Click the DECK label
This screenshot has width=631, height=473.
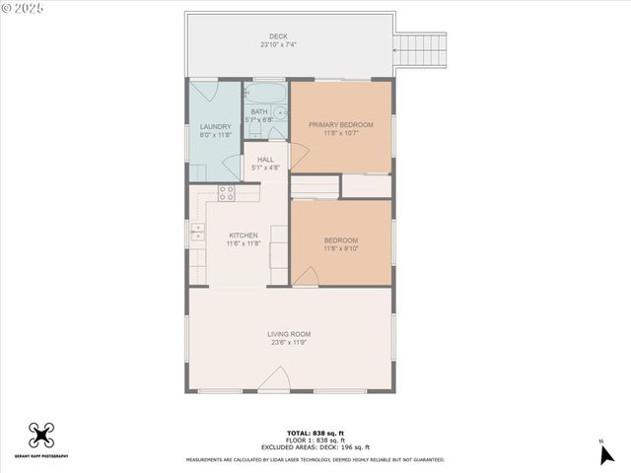(278, 36)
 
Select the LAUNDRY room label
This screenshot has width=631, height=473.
(215, 126)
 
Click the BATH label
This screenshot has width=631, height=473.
(258, 111)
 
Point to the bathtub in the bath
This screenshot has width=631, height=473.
(264, 94)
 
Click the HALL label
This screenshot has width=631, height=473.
(265, 160)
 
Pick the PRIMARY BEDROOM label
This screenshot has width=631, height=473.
(341, 124)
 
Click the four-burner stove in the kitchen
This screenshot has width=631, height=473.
(227, 193)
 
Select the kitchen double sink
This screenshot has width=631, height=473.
(197, 234)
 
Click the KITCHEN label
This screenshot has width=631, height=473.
(244, 236)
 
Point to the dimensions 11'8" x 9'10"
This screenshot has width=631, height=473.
(341, 248)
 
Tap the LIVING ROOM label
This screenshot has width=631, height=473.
(289, 334)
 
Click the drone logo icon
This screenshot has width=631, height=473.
(41, 434)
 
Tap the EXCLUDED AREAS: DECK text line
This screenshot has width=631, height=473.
(315, 447)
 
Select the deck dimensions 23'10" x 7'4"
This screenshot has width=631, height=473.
(278, 44)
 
